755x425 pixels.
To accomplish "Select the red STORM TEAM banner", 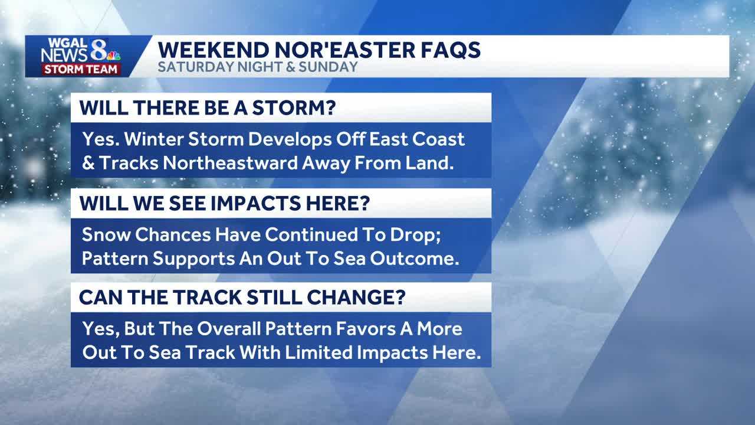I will point(81,69).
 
